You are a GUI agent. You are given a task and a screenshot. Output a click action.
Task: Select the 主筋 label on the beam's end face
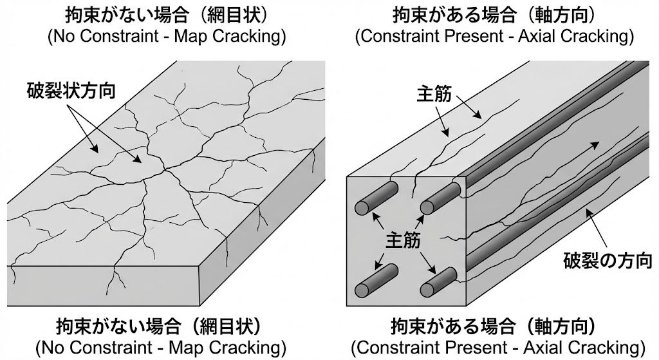click(x=403, y=240)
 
